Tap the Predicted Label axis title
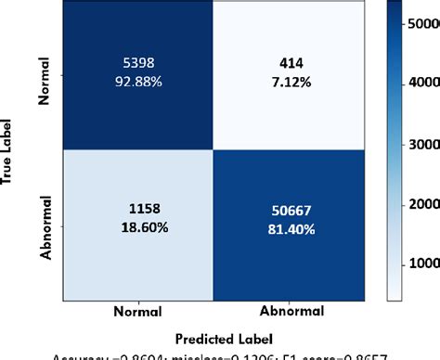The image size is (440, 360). pyautogui.click(x=219, y=338)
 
